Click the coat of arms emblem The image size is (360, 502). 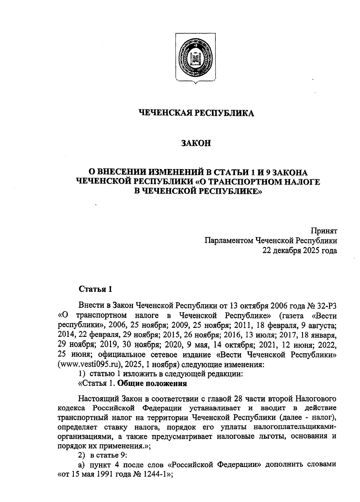tap(195, 58)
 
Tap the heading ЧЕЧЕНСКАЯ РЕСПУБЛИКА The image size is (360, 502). tap(196, 113)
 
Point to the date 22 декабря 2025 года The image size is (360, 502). tap(300, 250)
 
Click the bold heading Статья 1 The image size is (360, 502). tap(95, 289)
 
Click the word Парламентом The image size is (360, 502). tap(229, 240)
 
